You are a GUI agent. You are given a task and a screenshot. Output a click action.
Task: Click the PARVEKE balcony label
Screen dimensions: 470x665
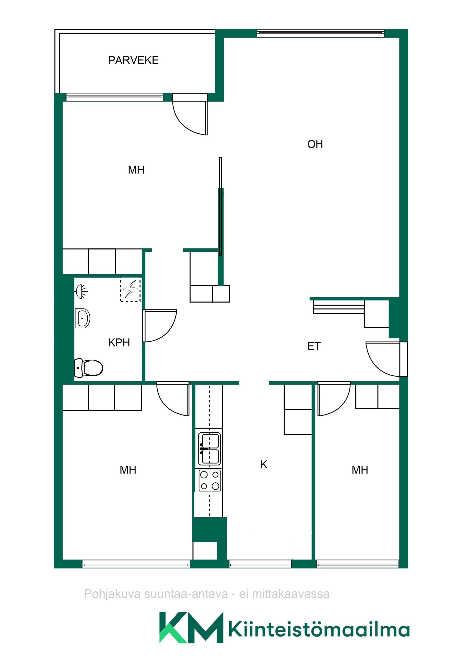(133, 60)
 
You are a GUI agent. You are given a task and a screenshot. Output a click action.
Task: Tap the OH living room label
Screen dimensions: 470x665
(315, 144)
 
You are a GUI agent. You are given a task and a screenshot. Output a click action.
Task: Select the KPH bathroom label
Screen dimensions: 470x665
(119, 343)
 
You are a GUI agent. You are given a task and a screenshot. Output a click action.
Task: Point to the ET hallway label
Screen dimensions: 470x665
(314, 346)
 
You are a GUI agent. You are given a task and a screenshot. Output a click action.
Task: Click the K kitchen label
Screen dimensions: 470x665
(264, 464)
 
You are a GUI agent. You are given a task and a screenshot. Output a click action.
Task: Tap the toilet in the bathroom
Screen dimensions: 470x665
(89, 368)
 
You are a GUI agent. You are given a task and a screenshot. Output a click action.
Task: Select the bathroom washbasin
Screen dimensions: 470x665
(82, 318)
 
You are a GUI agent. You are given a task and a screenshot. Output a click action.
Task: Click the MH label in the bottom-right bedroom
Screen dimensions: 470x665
(360, 470)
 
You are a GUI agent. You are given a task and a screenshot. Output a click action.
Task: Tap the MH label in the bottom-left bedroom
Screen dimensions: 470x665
(128, 470)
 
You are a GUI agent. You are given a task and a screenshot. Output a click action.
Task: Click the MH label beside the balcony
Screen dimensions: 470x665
(136, 170)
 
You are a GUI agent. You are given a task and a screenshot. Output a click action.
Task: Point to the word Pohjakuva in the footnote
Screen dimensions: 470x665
(112, 594)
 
